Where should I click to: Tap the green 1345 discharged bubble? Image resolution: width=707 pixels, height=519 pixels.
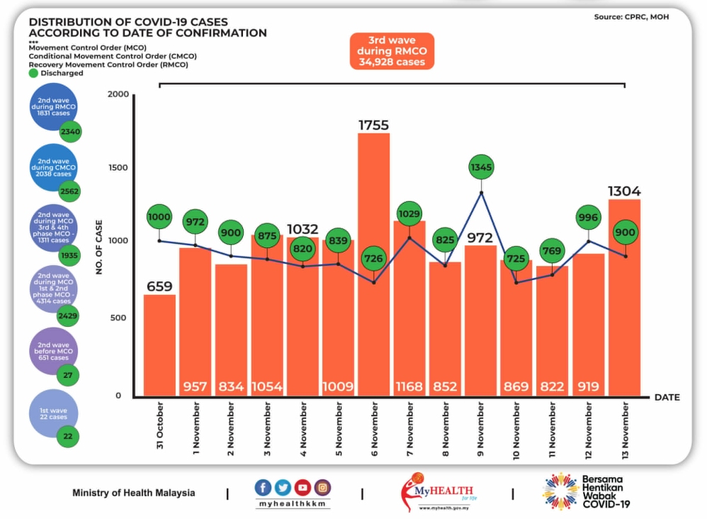coord(482,168)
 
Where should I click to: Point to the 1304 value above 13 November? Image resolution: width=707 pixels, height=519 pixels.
coord(624,191)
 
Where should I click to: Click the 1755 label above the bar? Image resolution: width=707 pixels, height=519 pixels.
coord(373,125)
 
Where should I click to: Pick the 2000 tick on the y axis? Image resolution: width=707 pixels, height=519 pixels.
coord(118,95)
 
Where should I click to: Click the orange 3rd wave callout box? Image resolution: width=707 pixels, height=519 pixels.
coord(391,51)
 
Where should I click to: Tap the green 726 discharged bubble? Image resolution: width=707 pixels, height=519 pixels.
coord(373,259)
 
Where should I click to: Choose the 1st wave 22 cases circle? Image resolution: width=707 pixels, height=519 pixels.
coord(54,413)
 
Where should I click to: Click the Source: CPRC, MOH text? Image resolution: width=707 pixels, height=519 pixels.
coord(631,16)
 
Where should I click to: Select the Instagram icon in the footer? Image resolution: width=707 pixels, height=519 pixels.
coord(322,487)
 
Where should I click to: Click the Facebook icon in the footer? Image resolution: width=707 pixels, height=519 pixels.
coord(263,487)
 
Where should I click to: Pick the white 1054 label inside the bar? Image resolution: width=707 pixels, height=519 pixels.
coord(266,387)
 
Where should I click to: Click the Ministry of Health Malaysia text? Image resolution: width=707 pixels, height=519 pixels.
coord(133,493)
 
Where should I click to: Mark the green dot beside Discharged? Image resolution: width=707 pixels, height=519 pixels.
coord(33,73)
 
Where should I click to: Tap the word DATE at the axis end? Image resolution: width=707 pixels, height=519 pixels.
coord(667,397)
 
